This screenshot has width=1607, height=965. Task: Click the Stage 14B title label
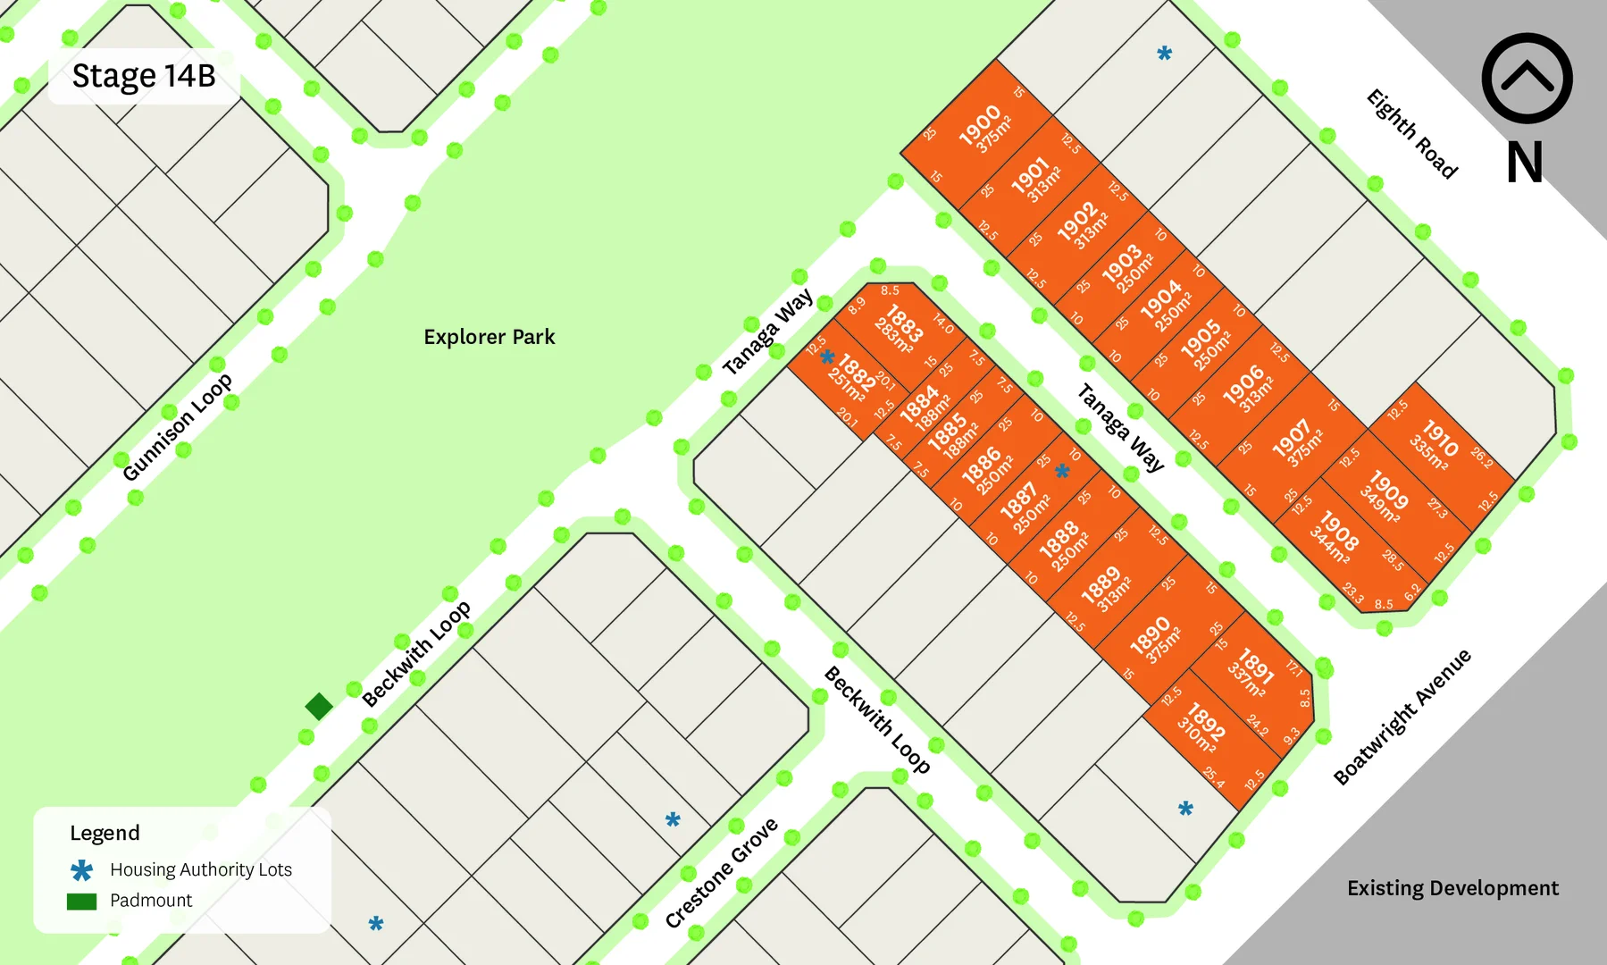click(144, 76)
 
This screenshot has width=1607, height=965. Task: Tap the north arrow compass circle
click(1527, 79)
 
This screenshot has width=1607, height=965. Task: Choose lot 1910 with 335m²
click(1435, 443)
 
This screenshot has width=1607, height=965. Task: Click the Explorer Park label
click(489, 337)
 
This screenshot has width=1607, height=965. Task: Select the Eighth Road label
click(1411, 134)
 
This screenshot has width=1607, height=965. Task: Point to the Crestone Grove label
click(721, 873)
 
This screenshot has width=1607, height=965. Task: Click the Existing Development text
click(1452, 888)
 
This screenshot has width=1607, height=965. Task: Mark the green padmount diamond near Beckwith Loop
click(319, 706)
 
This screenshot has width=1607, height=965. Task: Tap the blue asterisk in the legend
click(81, 870)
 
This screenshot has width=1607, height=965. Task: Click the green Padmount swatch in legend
click(81, 902)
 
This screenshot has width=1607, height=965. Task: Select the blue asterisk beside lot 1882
click(827, 358)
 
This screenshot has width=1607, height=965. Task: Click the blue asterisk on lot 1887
click(1062, 471)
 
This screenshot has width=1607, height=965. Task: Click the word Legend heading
click(105, 833)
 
